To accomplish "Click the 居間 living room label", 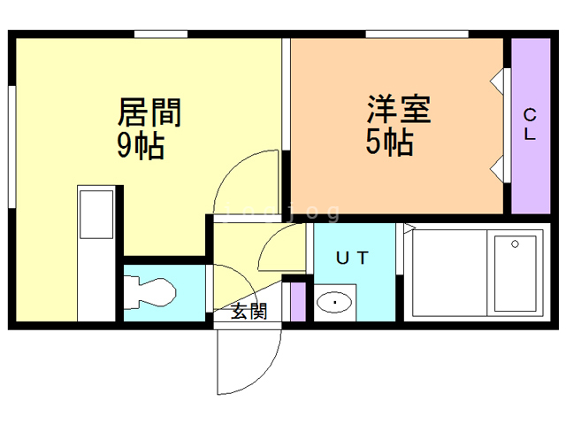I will coord(149,112).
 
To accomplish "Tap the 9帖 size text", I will coord(141,145).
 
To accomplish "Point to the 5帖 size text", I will coord(390,143).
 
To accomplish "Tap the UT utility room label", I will coord(352,258).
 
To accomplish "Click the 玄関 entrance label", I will coord(249,311).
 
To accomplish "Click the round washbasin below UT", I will coord(335,304).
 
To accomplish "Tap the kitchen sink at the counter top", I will coord(96,213).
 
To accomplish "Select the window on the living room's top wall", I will coord(161,35).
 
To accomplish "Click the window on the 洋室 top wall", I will coord(417,35).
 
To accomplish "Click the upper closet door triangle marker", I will coord(498,81).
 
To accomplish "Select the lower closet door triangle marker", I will coord(498,167).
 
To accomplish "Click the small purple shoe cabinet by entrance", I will coord(298,301).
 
